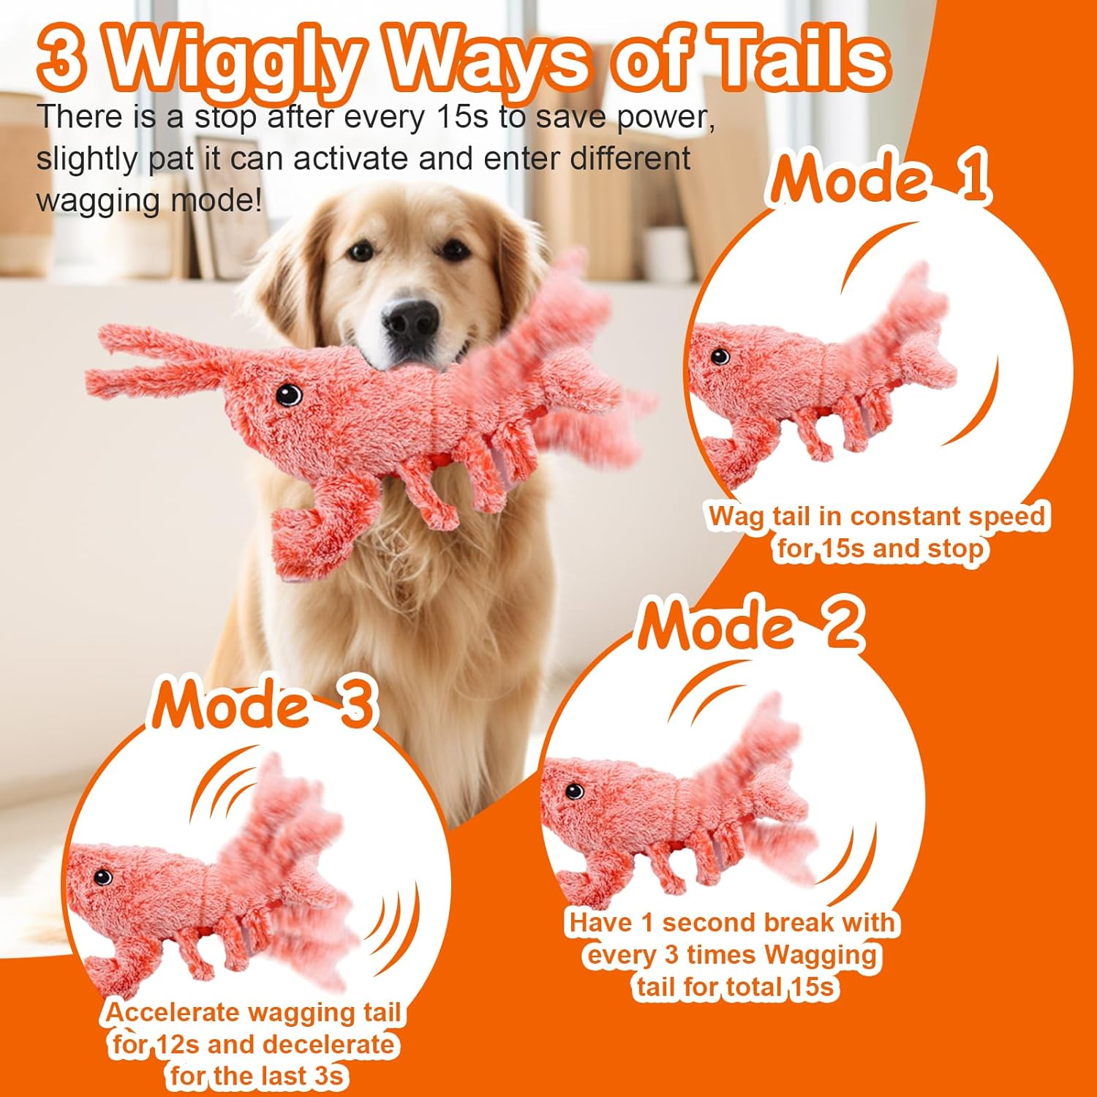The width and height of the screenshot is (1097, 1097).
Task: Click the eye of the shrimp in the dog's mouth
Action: pyautogui.click(x=289, y=395)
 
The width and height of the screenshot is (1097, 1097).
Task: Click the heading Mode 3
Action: pyautogui.click(x=263, y=704)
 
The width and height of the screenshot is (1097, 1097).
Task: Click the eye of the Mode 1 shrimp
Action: pyautogui.click(x=720, y=356)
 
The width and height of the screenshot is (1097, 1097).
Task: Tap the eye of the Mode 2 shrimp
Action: pyautogui.click(x=575, y=791)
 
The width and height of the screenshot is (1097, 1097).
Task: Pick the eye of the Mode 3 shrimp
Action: pyautogui.click(x=102, y=876)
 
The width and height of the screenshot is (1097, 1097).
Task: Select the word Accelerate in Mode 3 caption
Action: pyautogui.click(x=173, y=1013)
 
